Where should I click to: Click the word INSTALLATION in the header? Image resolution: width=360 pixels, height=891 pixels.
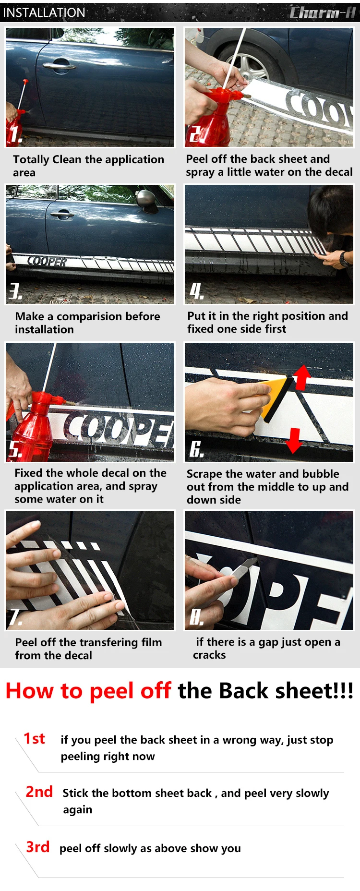click(44, 12)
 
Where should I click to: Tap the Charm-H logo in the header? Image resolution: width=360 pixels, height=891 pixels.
click(323, 12)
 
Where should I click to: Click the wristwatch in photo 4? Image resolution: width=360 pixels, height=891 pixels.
click(343, 259)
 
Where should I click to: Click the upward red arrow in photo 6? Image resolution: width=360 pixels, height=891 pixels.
click(302, 377)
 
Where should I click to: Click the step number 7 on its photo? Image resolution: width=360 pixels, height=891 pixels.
click(15, 618)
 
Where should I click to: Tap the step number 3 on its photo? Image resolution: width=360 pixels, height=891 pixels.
click(15, 291)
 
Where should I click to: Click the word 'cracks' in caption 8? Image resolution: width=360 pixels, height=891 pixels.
click(209, 655)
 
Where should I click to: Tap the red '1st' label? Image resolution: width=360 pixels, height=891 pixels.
click(35, 738)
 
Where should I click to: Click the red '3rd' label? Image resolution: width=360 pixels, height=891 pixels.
click(38, 847)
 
